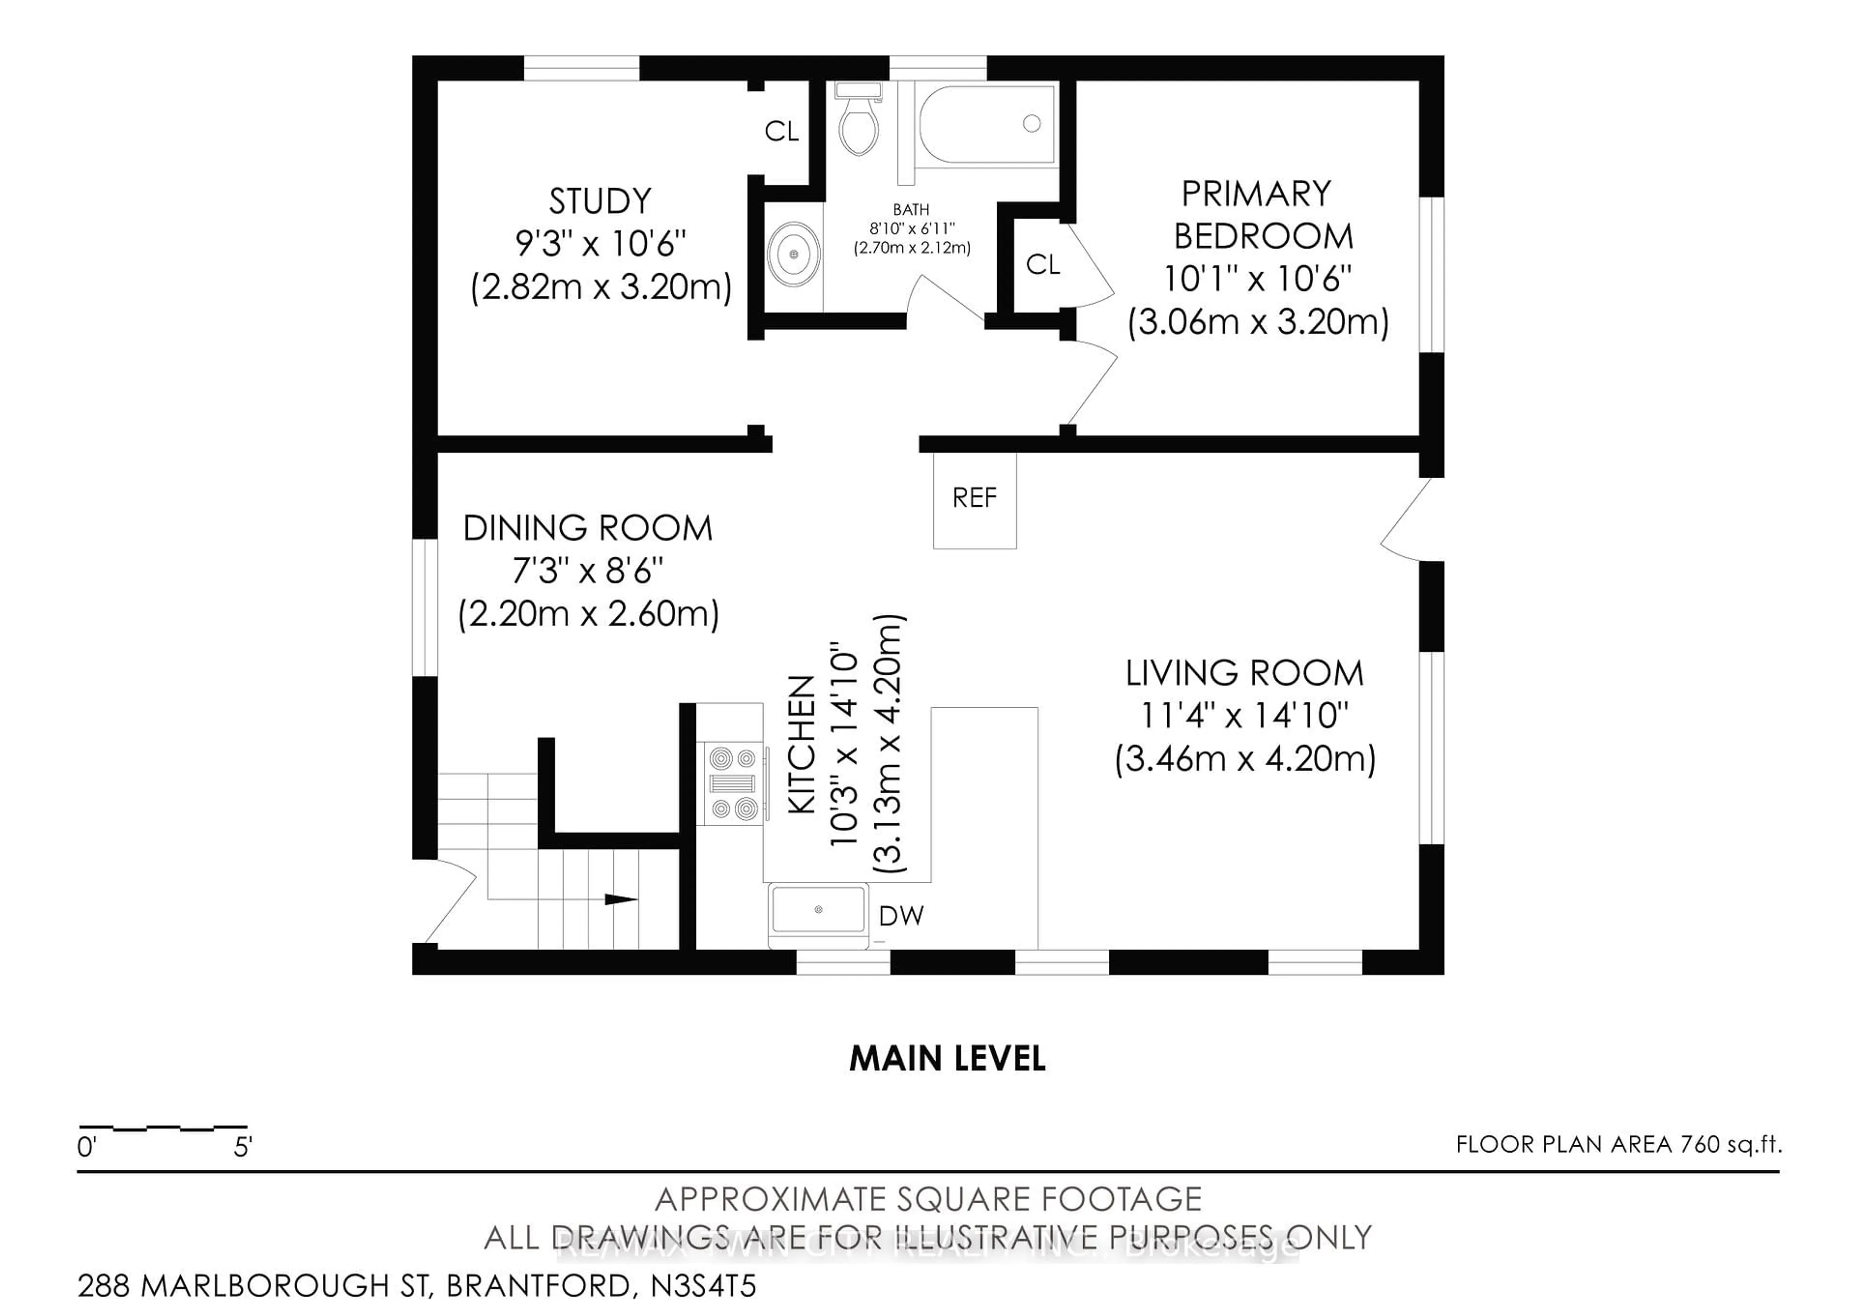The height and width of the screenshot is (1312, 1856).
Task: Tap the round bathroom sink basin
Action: [x=793, y=255]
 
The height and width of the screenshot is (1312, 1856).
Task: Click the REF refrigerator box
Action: [x=974, y=499]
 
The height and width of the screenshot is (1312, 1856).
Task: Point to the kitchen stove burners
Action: [x=732, y=783]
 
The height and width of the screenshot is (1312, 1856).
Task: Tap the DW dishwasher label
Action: [x=900, y=916]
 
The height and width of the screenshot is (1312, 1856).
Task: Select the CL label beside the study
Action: [x=782, y=132]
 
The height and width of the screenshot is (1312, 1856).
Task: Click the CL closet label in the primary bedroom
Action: [x=1043, y=264]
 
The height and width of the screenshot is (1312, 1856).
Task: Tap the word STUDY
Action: [x=600, y=201]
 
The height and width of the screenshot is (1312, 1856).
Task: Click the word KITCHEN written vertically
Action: [x=801, y=745]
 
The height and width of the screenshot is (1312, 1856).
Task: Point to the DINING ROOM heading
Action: [x=588, y=529]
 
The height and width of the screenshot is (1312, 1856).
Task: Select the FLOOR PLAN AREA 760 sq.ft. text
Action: [x=1618, y=1145]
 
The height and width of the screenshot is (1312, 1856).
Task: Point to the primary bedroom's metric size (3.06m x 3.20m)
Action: [x=1258, y=322]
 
